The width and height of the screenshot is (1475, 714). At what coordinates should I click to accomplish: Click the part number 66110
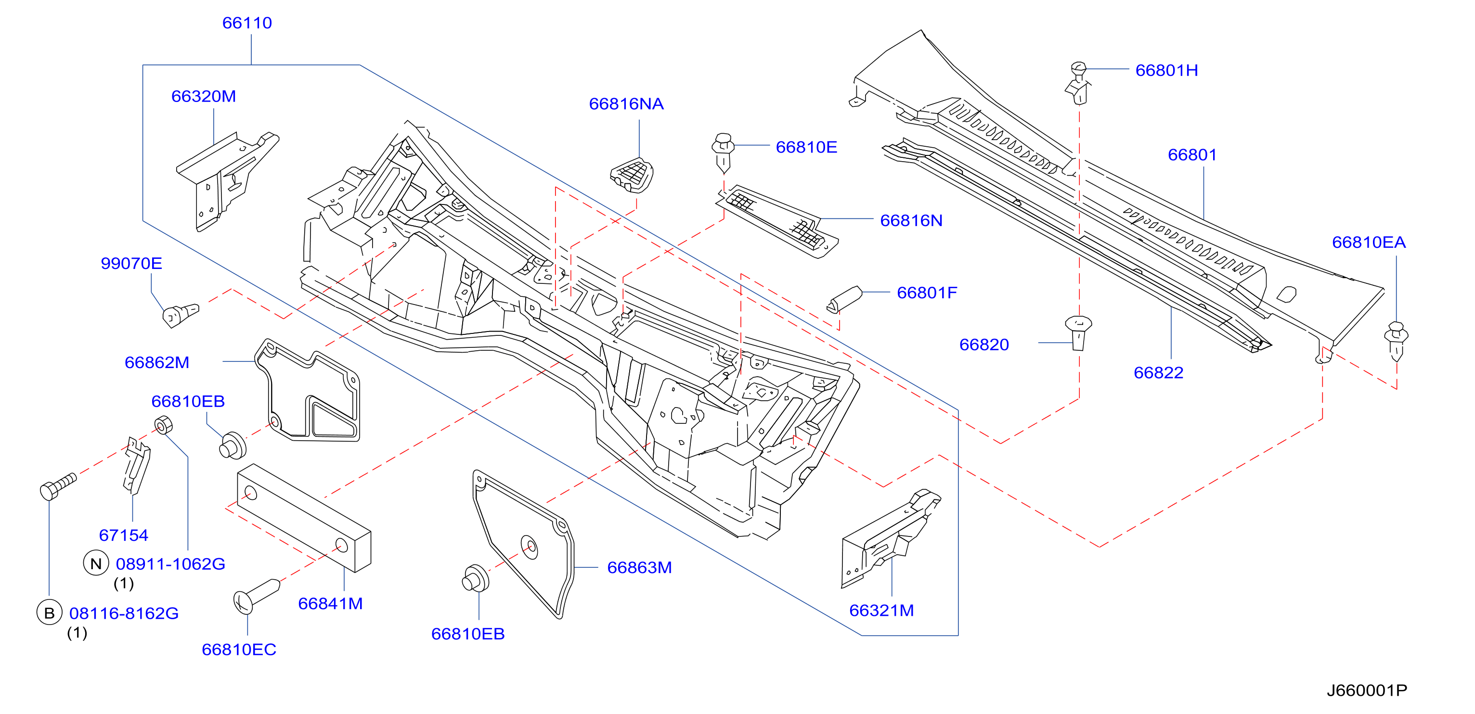pyautogui.click(x=247, y=23)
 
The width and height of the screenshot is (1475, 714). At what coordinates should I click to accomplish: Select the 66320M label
pyautogui.click(x=203, y=96)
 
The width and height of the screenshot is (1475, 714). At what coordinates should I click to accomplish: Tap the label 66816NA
pyautogui.click(x=626, y=103)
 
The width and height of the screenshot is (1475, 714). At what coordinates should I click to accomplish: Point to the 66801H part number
pyautogui.click(x=1166, y=70)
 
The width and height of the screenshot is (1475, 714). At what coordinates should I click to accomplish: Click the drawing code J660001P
pyautogui.click(x=1367, y=690)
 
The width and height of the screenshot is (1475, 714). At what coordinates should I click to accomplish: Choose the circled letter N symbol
pyautogui.click(x=96, y=563)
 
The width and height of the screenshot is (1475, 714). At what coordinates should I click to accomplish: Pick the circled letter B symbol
pyautogui.click(x=49, y=613)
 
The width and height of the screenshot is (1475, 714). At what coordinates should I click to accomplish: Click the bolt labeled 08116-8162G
pyautogui.click(x=58, y=486)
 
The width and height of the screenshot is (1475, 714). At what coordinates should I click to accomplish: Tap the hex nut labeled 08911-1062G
pyautogui.click(x=164, y=425)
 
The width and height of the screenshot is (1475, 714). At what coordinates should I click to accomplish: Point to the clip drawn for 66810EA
pyautogui.click(x=1396, y=341)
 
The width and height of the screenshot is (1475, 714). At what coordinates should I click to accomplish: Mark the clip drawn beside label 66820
pyautogui.click(x=1078, y=332)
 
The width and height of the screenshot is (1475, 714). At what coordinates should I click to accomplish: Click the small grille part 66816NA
pyautogui.click(x=632, y=175)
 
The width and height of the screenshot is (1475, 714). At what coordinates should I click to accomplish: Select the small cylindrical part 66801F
pyautogui.click(x=844, y=299)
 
